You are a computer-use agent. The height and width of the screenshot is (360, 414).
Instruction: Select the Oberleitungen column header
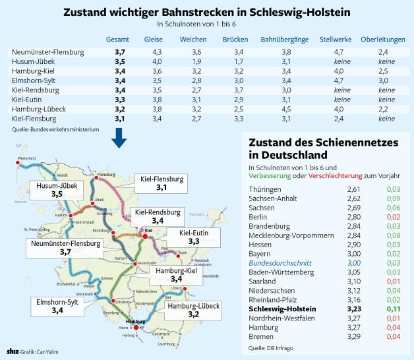coord(383,40)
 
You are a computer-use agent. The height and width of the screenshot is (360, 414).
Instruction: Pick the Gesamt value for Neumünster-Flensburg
coord(120,51)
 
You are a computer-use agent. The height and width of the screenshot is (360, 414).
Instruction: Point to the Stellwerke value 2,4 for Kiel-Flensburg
coord(339,119)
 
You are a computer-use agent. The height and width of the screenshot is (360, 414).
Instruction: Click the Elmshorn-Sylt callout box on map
coord(57,307)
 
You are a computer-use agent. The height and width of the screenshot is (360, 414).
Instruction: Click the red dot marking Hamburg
coord(136,328)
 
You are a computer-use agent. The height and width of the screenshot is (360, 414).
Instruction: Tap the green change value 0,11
coord(392,309)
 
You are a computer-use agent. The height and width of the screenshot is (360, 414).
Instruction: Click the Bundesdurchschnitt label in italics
coord(276,262)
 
